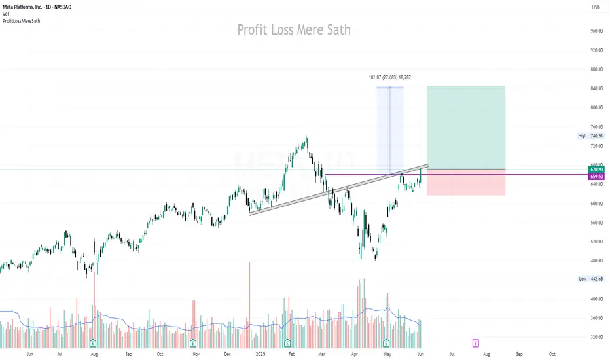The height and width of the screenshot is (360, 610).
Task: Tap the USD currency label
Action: click(x=595, y=7)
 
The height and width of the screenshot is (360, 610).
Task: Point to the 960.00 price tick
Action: click(x=596, y=31)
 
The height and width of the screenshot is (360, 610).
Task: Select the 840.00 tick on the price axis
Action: click(x=596, y=88)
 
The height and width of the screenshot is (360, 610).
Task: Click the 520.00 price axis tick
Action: click(x=596, y=242)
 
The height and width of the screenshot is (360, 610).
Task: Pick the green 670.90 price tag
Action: click(x=596, y=170)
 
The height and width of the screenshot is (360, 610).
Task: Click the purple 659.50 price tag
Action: click(x=596, y=177)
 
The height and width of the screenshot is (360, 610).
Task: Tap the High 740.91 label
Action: click(x=590, y=136)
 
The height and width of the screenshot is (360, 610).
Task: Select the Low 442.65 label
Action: click(x=590, y=279)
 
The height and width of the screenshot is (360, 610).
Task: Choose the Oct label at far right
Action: click(x=552, y=353)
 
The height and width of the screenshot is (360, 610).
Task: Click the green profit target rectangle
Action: click(x=465, y=128)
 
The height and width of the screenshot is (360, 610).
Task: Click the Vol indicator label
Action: click(x=7, y=14)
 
